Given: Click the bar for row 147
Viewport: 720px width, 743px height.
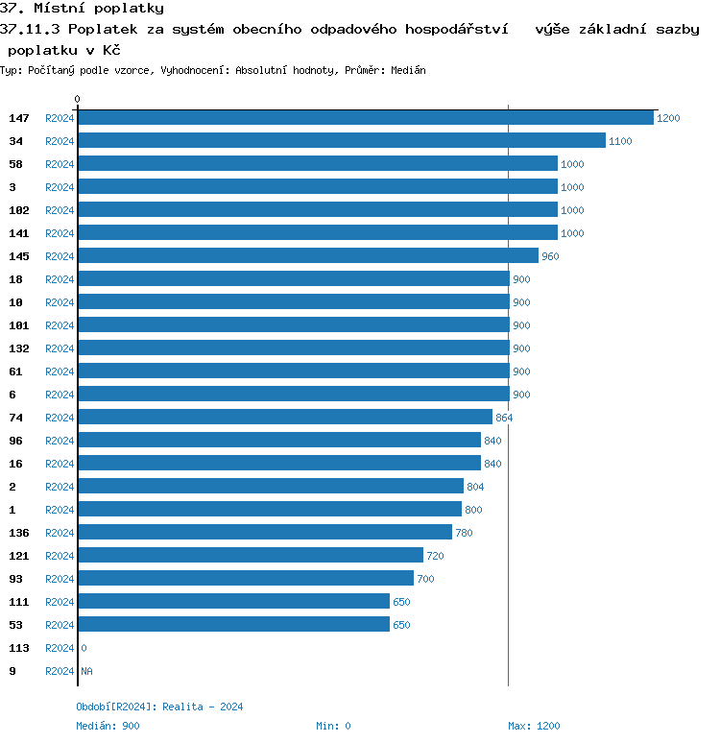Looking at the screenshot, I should [x=365, y=117].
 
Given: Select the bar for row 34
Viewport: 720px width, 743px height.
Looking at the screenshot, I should [x=341, y=140].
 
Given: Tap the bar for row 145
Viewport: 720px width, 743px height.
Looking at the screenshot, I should [x=307, y=255].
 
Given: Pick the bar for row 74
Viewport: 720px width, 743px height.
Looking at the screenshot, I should [x=284, y=417].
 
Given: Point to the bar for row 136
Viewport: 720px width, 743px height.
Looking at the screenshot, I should [x=264, y=532].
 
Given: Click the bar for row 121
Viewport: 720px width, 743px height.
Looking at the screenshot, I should [x=250, y=555].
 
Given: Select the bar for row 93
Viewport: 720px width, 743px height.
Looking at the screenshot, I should [x=245, y=578].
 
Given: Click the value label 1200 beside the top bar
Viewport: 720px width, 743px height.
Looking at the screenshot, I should [x=668, y=118].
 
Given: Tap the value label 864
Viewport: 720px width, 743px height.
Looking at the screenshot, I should [x=504, y=418].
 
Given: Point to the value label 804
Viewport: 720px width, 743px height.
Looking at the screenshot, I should [x=475, y=487].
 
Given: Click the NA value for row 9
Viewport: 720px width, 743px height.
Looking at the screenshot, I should [x=86, y=671].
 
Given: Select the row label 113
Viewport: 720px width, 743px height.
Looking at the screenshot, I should [x=19, y=648].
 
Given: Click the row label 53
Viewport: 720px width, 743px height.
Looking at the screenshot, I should [x=15, y=625].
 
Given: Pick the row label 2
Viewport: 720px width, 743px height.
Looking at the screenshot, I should [x=12, y=487].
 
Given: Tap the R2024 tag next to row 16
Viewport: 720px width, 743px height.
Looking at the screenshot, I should [x=60, y=464].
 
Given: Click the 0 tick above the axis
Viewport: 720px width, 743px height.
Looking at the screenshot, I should [x=78, y=99].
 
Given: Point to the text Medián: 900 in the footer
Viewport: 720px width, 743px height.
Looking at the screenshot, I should [x=108, y=726].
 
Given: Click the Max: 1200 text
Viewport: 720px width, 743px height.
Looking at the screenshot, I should [x=534, y=726].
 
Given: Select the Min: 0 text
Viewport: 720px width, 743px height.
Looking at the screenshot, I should [x=333, y=726].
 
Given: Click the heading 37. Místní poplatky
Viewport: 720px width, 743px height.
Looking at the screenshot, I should [x=82, y=9].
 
